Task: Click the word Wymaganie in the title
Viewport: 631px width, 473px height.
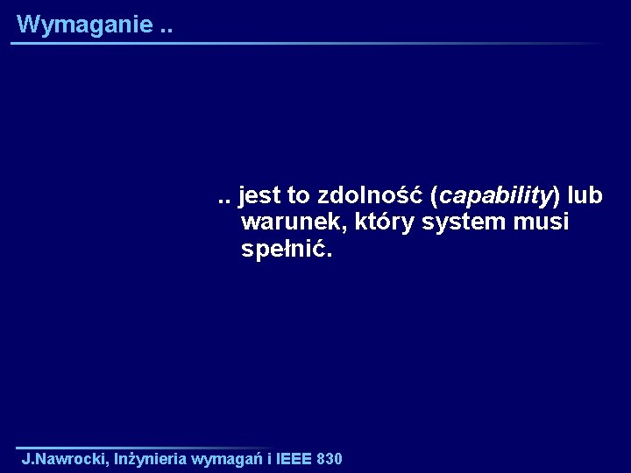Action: pos(84,25)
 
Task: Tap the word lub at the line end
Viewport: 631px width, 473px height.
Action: pos(585,194)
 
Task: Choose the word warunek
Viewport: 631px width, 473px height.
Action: pos(293,222)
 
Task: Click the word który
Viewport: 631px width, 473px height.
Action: pos(385,222)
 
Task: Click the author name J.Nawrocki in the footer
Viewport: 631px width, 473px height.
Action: pos(65,459)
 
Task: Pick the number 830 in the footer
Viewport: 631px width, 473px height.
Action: pos(330,459)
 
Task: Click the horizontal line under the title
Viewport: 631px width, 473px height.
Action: pos(307,43)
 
